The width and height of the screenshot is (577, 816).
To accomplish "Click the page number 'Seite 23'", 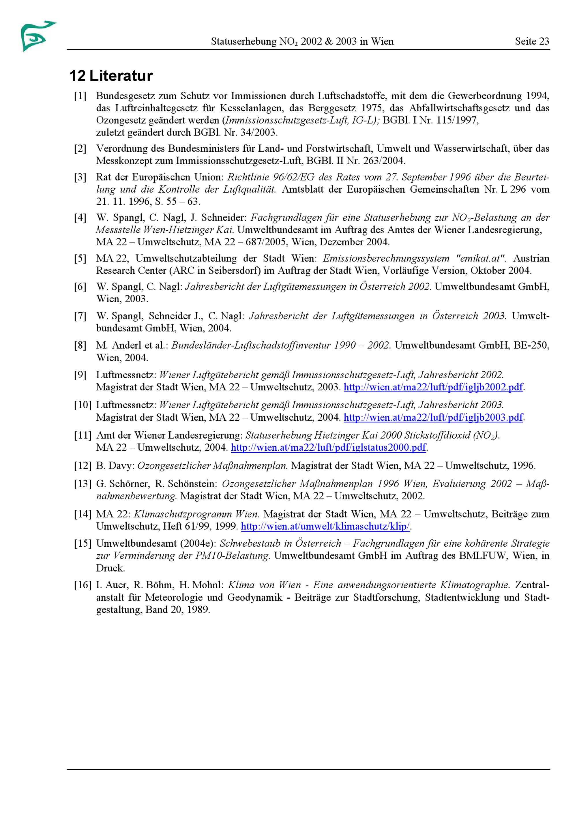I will click(532, 42).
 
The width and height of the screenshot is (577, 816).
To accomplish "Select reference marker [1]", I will click(80, 96).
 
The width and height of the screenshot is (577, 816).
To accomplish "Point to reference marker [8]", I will click(80, 345).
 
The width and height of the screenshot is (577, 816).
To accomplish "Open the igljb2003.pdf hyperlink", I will click(433, 417).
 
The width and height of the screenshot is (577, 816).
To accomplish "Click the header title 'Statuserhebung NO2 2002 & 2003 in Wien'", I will click(302, 42).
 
